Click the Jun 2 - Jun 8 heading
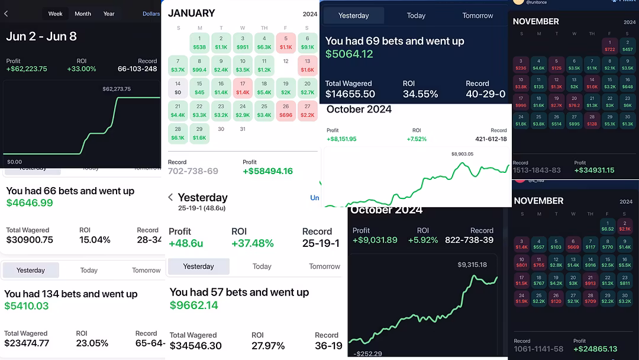(41, 36)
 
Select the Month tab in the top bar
(83, 14)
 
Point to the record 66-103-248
(137, 69)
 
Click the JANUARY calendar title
(191, 13)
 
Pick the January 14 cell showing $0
(178, 88)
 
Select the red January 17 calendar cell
(243, 88)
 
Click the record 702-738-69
(193, 171)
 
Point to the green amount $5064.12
(349, 54)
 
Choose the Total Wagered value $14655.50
(350, 94)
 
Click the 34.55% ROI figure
(420, 94)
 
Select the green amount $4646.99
(30, 203)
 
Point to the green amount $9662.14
(194, 306)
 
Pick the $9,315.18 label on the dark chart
(472, 265)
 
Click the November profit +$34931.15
(594, 171)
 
